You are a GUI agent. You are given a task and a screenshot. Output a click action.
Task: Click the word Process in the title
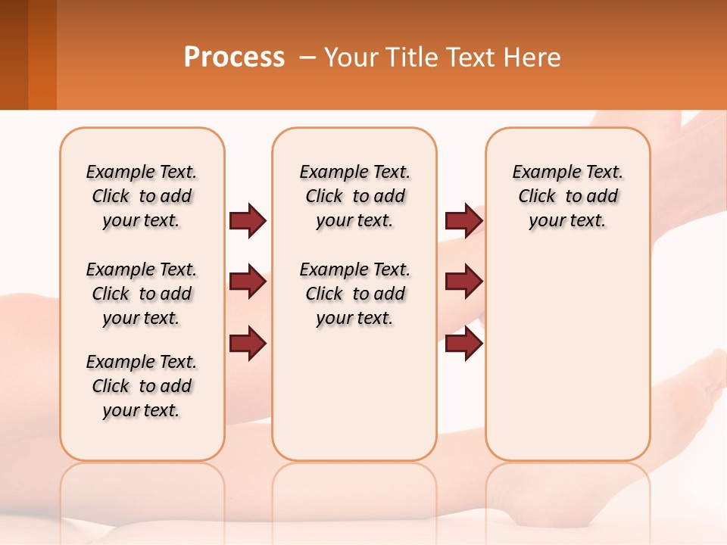[234, 58]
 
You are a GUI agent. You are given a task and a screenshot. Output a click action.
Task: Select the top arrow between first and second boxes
[248, 220]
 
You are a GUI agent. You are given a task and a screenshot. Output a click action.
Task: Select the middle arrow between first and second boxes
[248, 282]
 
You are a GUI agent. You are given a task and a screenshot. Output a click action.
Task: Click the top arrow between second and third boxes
[463, 220]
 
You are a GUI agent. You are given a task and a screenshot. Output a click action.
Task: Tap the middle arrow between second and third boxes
[463, 282]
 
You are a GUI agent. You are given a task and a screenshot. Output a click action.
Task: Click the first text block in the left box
[142, 196]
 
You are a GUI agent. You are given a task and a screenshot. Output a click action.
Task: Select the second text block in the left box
[142, 294]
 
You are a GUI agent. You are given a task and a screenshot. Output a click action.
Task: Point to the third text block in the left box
[142, 386]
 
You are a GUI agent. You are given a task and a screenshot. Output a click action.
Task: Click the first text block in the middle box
[354, 196]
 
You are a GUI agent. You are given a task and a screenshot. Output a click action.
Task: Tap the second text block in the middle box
[354, 294]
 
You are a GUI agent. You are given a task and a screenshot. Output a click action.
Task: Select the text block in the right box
[567, 196]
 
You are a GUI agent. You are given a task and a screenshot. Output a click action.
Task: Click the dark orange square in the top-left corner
[14, 54]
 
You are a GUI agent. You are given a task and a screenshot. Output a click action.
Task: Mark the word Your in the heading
[351, 58]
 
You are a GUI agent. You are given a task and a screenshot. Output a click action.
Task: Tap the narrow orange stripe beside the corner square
[42, 54]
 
